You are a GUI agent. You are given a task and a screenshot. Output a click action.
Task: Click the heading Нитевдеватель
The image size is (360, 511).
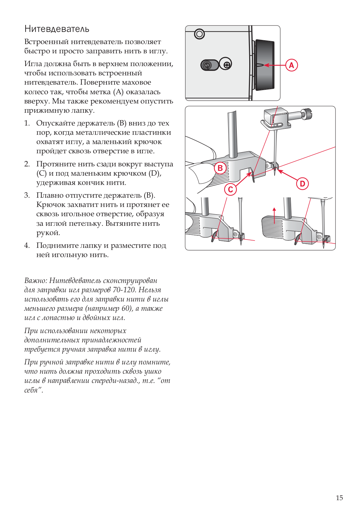pos(57,29)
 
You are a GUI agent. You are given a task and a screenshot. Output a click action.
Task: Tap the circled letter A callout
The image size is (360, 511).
pos(291,65)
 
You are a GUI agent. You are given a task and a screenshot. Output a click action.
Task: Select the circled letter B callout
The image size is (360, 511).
pos(220,168)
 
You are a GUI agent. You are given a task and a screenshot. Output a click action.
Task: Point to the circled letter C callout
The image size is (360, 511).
pos(230,189)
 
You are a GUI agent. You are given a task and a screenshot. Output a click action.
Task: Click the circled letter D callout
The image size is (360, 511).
pos(302,184)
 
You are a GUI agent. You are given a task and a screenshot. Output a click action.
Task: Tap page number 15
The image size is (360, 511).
pos(339,498)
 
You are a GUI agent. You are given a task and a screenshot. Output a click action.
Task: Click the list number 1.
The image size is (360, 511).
pos(27,123)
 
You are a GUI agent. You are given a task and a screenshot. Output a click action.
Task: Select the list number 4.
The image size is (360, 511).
pos(27,246)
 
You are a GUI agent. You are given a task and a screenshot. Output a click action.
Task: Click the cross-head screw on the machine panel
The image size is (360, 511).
pos(227,65)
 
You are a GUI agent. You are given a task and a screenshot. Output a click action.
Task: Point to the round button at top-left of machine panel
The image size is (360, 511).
pos(199,34)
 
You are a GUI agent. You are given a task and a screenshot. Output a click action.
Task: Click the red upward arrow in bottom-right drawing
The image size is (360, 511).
pos(274,216)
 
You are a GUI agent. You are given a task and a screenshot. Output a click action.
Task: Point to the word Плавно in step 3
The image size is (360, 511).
pos(51,195)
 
